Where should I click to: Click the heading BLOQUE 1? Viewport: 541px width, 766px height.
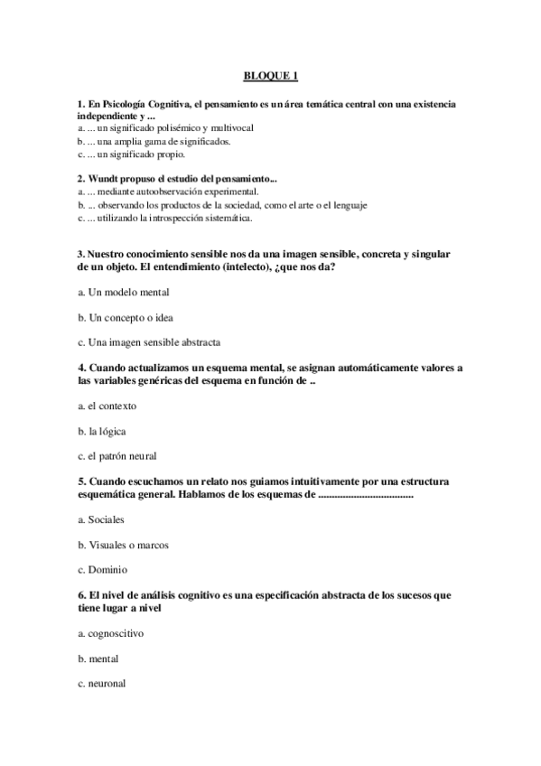(x=270, y=78)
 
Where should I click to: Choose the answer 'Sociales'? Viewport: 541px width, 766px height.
(x=106, y=520)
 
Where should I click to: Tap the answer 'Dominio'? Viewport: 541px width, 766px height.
(x=107, y=570)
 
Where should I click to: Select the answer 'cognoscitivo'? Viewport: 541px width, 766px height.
(x=116, y=633)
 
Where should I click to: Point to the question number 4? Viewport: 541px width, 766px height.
(x=81, y=369)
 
